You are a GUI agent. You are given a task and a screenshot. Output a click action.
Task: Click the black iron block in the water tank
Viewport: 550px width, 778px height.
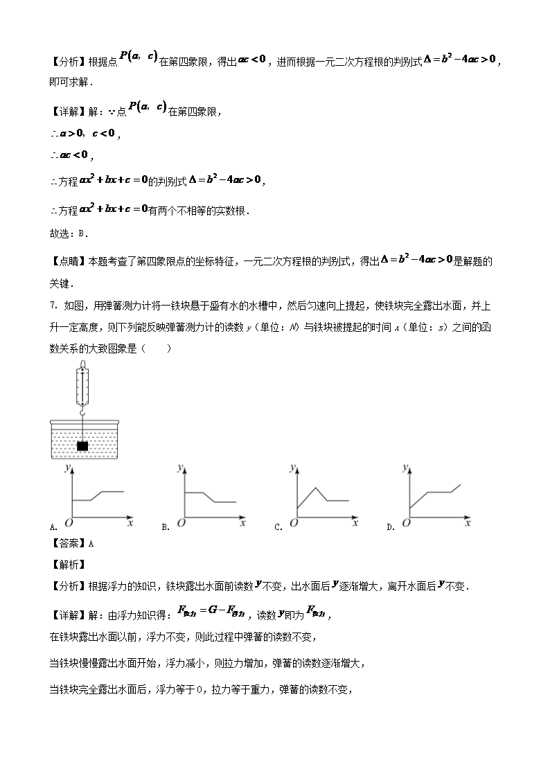tap(83, 446)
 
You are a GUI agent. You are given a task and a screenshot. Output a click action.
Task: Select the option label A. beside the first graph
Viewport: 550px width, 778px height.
tap(53, 527)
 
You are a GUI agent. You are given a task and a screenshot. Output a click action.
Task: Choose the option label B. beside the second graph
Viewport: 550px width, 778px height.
tap(166, 527)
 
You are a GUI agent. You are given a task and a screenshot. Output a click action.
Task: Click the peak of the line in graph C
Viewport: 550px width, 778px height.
tap(316, 488)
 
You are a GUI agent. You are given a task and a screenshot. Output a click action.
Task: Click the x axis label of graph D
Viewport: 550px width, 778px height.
tap(468, 524)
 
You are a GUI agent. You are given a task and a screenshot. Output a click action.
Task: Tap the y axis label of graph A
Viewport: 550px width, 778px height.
tap(66, 469)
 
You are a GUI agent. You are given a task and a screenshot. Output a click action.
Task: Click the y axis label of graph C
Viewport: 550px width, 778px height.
tap(292, 469)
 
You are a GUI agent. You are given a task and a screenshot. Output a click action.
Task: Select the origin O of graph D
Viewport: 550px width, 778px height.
tap(406, 524)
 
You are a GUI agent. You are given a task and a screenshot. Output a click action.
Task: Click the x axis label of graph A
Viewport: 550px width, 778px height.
tap(130, 524)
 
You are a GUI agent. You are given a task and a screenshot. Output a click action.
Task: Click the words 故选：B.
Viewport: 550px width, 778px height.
tap(69, 233)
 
